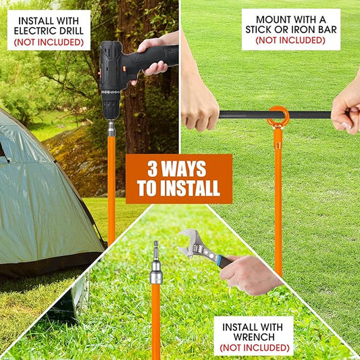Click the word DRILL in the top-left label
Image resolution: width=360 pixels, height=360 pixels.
point(70,31)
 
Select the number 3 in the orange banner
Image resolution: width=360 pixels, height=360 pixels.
point(153,169)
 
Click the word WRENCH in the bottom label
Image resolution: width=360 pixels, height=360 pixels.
point(254,337)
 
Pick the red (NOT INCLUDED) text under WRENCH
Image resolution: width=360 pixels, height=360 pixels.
point(255,348)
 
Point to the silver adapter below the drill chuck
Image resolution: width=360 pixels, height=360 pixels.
point(111,128)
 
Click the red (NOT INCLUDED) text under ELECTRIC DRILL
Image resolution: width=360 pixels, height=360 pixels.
point(49,43)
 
